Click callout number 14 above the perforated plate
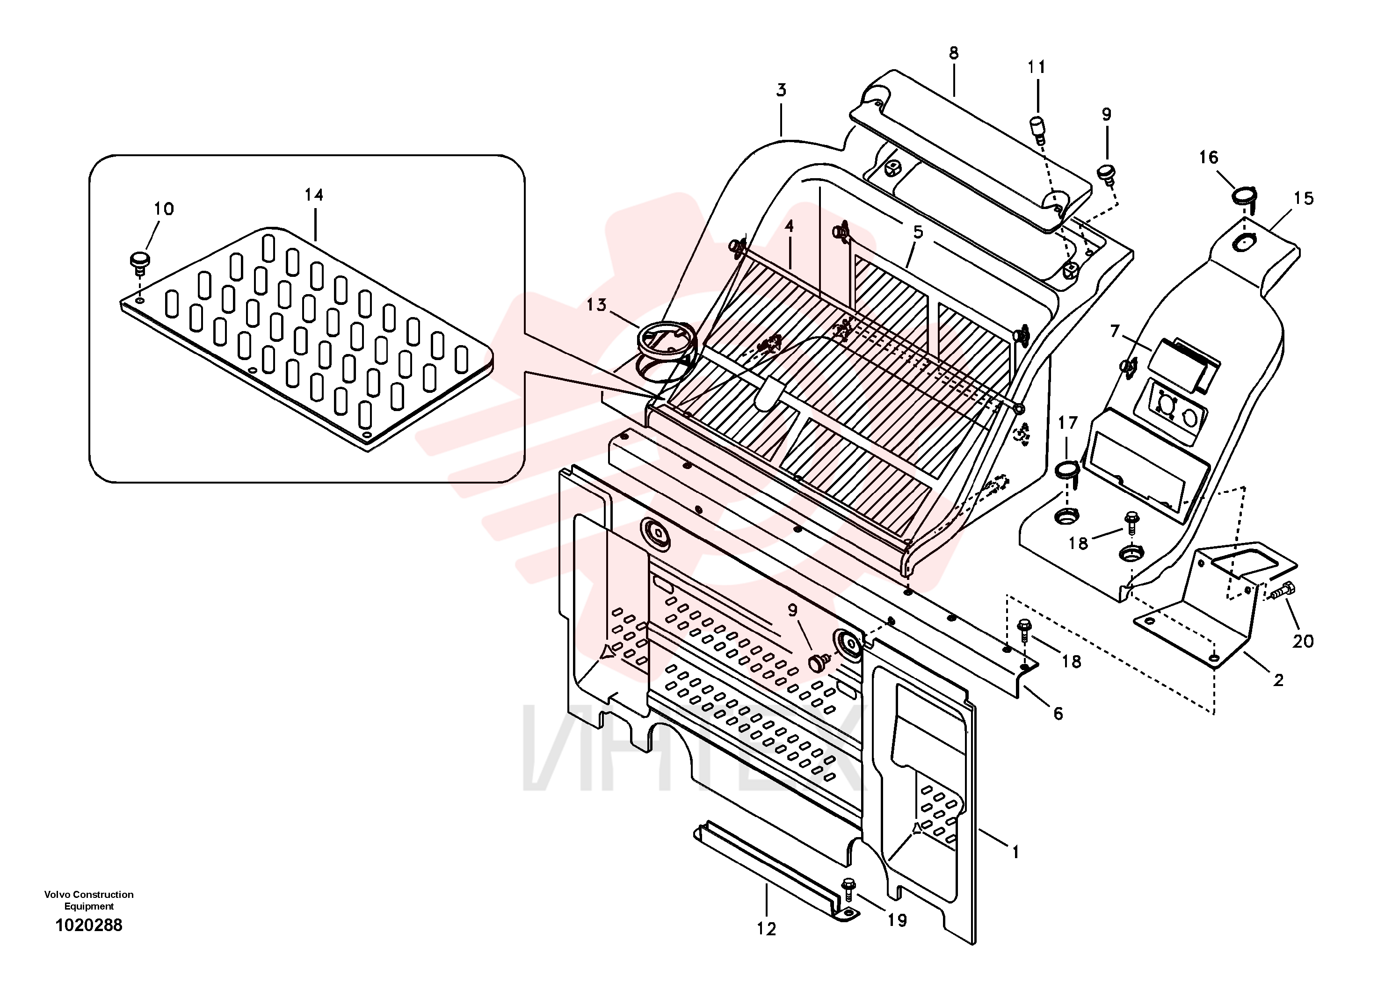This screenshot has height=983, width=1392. tap(313, 195)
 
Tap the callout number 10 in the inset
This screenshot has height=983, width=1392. tap(164, 209)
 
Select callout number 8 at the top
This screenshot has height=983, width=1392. tap(954, 53)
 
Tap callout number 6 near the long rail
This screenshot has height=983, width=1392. tap(1058, 713)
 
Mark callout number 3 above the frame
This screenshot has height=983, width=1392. tap(782, 90)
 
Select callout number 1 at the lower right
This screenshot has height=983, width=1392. tap(1015, 852)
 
